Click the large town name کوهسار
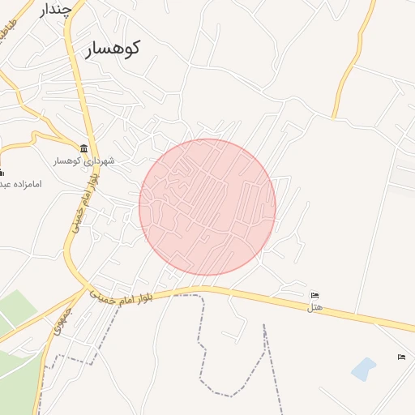(112, 48)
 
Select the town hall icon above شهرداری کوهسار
(84, 148)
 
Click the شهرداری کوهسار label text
(84, 160)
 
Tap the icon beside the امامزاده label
(1, 172)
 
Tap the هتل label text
(316, 308)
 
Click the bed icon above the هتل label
(315, 295)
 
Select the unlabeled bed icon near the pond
(401, 357)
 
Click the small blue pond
(364, 369)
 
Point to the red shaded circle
(207, 207)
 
